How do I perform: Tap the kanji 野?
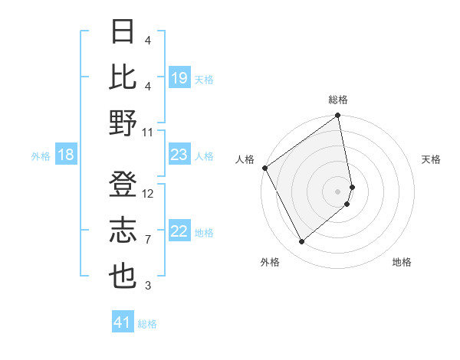[x=123, y=123]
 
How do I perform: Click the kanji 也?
[x=123, y=277]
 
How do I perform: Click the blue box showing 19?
[x=179, y=78]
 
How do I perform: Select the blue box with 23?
[x=179, y=155]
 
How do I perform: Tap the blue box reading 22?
[x=179, y=232]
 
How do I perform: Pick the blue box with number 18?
[x=66, y=155]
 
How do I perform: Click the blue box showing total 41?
[x=123, y=322]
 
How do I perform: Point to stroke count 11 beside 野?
[x=149, y=132]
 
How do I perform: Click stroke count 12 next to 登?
[x=149, y=195]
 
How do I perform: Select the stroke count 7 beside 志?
[x=148, y=240]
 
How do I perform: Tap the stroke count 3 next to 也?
[x=148, y=286]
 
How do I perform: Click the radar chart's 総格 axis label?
[x=338, y=100]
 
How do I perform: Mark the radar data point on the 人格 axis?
[x=264, y=168]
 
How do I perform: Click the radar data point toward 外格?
[x=301, y=242]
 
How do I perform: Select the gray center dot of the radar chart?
[x=338, y=191]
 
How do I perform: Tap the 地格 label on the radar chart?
[x=402, y=262]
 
